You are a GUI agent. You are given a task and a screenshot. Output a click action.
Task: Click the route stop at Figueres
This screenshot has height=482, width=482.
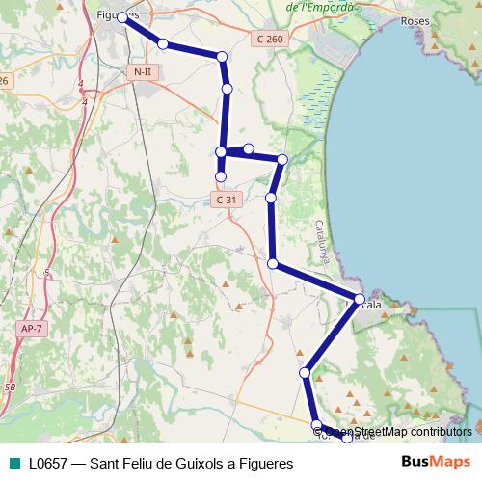[x=122, y=17]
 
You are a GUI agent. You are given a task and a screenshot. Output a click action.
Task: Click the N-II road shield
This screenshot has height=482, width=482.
[x=142, y=72]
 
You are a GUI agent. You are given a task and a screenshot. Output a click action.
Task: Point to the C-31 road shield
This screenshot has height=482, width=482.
[x=226, y=200]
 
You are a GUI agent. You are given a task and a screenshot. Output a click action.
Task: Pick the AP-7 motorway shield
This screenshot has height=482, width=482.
[x=31, y=329]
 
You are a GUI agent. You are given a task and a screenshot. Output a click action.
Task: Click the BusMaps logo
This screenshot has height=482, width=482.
[x=436, y=462]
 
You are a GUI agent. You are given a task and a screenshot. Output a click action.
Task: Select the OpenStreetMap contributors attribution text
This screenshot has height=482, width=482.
[x=397, y=432]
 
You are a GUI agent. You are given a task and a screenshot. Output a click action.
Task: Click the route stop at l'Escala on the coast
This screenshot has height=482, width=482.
[x=360, y=300]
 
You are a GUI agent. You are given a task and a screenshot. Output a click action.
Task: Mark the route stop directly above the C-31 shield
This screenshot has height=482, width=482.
[x=221, y=176]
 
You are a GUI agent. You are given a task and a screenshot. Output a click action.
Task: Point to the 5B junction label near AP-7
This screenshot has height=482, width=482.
[x=10, y=387]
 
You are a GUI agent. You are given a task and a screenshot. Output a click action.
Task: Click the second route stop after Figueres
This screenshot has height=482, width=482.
[x=222, y=58]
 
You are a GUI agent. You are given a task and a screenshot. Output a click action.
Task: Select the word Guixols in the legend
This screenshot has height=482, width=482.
[x=196, y=463]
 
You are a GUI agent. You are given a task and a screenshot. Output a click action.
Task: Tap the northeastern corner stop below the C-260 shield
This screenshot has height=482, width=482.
[x=282, y=159]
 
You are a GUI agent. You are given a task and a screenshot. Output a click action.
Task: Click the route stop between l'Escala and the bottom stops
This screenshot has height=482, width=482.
[x=305, y=372]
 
